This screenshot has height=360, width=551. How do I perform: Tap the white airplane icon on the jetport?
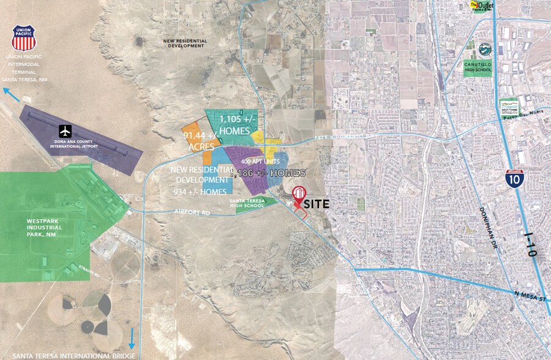coord(66,130)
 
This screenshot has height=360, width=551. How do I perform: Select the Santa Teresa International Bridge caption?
coord(67,355)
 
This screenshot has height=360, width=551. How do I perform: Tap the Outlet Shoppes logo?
coord(481,6)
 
